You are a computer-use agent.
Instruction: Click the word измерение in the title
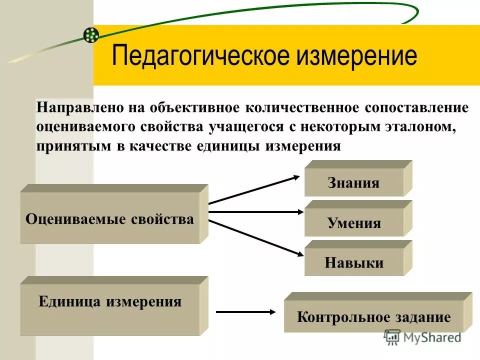(356, 55)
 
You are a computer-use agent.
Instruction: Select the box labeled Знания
(353, 182)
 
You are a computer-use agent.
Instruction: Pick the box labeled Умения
(353, 222)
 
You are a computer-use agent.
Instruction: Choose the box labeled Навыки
(353, 262)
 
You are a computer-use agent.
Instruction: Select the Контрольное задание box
(373, 317)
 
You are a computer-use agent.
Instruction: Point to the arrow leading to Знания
(255, 189)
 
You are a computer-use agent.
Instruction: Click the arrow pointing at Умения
(255, 212)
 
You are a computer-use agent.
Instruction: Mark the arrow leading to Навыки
(255, 237)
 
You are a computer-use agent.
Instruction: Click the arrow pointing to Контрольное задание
(245, 312)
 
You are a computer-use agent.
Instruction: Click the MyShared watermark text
(430, 337)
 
